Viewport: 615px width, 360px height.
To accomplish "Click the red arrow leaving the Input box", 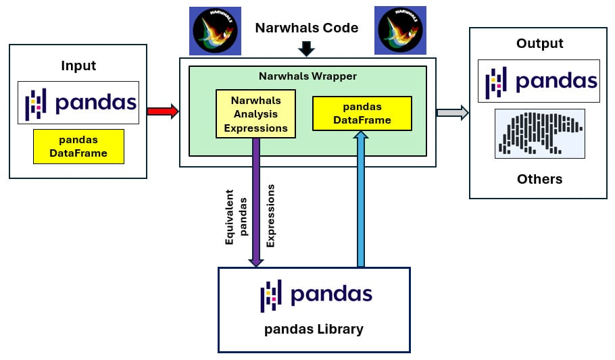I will [163, 111].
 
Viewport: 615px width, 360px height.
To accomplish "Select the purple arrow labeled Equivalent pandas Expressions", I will [256, 203].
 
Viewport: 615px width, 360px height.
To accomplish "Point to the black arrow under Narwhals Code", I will [307, 49].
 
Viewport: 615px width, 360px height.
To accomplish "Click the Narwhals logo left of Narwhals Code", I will [215, 30].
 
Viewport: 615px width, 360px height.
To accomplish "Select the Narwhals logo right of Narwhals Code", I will [401, 30].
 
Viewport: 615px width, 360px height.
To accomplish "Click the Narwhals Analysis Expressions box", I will [256, 114].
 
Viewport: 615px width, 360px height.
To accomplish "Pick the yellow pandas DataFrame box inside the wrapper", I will [362, 113].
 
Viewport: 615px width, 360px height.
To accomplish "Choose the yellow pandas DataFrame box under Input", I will [78, 147].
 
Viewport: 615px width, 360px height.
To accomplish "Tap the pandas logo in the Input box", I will [78, 103].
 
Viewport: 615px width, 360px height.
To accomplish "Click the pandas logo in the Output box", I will [539, 81].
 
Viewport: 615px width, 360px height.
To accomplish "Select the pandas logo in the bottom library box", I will [316, 295].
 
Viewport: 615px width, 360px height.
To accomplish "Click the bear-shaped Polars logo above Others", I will [539, 134].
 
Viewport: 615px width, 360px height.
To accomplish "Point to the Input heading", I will [78, 66].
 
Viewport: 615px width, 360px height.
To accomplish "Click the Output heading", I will [539, 44].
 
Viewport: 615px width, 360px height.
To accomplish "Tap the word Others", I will [539, 179].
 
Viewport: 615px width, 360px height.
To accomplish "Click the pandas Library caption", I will [314, 330].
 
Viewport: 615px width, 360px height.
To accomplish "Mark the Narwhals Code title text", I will [306, 28].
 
